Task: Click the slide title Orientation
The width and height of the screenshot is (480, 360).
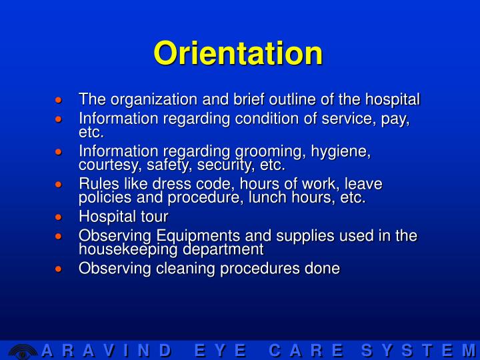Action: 238,53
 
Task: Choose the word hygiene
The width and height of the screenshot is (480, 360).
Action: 346,152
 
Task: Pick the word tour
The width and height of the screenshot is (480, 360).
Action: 155,217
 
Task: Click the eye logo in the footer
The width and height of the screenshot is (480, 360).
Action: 22,351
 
